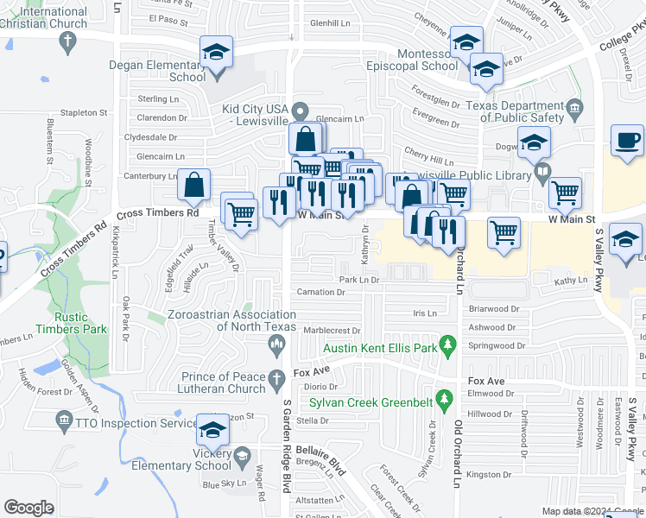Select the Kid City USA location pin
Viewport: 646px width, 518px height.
[x=300, y=110]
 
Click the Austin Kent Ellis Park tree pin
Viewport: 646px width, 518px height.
[x=447, y=348]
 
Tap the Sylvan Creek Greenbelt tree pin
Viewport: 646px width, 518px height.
[x=444, y=399]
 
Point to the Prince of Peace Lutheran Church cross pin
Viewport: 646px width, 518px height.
[x=276, y=379]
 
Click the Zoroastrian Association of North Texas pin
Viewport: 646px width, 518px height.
[x=276, y=347]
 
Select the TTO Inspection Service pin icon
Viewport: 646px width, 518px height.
[x=63, y=421]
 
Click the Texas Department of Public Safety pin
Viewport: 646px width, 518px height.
[x=574, y=110]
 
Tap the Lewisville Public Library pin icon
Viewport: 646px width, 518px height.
[x=541, y=173]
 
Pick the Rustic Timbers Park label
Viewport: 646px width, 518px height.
[x=71, y=322]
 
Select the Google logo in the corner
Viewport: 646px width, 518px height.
[x=28, y=508]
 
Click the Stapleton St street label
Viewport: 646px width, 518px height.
[x=83, y=112]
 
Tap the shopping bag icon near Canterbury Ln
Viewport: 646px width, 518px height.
[x=195, y=184]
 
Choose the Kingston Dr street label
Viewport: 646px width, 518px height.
[x=489, y=474]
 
